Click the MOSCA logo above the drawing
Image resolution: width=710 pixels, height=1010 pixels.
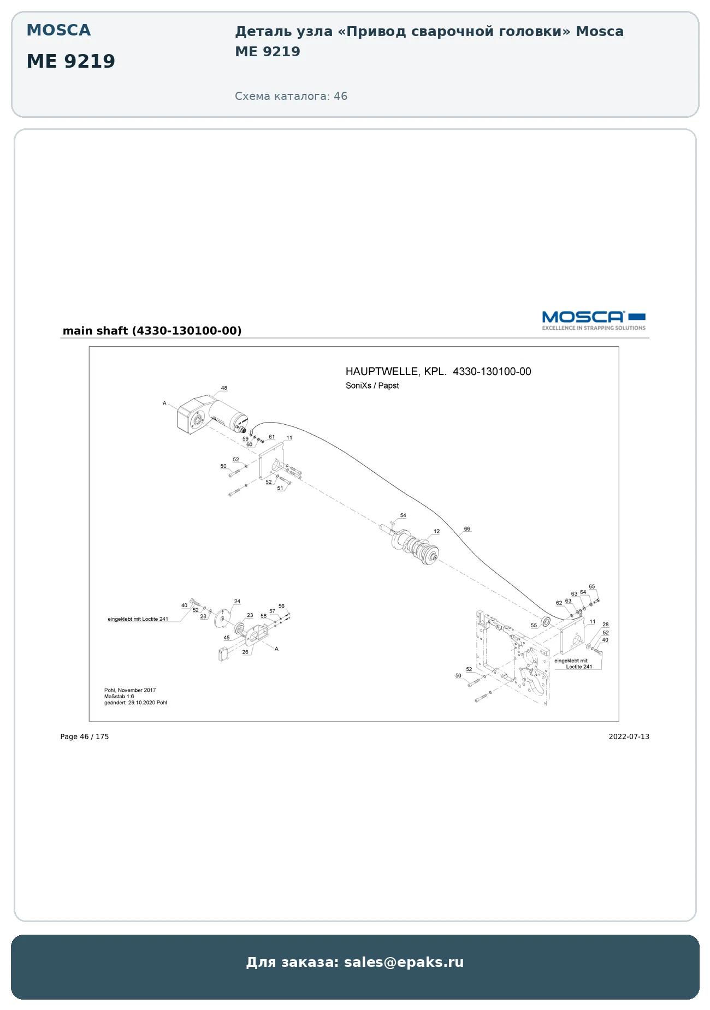tap(594, 320)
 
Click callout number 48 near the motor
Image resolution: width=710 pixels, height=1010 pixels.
tap(224, 388)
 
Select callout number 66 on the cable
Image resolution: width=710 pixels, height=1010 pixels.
tap(467, 528)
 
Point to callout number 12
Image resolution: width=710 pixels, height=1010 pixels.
tap(436, 531)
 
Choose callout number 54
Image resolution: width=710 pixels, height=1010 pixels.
tap(403, 515)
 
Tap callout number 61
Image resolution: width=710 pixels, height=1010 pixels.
tap(271, 437)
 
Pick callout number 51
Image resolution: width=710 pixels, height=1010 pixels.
tap(280, 488)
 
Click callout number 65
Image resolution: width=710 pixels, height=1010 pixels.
tap(592, 586)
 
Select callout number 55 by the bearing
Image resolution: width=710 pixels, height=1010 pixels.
tap(534, 626)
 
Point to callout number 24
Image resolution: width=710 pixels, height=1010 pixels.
tap(237, 602)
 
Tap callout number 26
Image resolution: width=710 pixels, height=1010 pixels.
tap(245, 652)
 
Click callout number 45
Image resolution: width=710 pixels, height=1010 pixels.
tap(227, 638)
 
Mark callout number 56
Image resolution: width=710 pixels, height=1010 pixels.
tap(281, 606)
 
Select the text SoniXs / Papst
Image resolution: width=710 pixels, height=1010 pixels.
tap(372, 385)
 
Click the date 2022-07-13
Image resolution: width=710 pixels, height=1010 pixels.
tap(629, 736)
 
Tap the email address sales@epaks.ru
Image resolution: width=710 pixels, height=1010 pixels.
tap(404, 962)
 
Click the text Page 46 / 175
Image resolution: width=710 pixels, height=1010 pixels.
tap(85, 736)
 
